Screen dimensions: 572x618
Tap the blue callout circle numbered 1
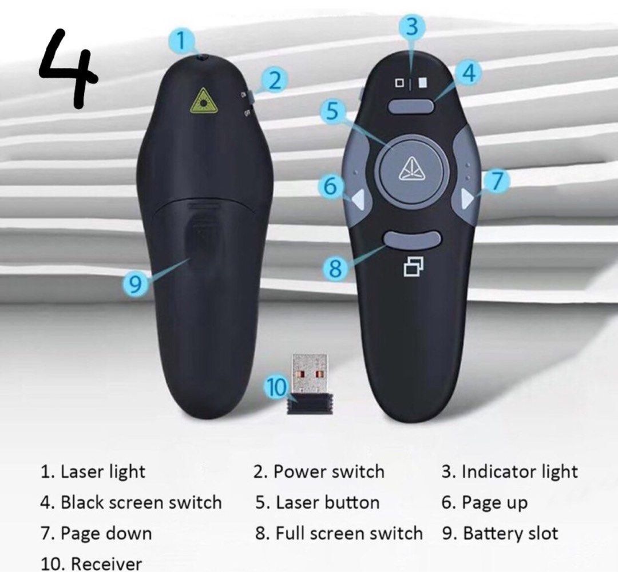(x=182, y=41)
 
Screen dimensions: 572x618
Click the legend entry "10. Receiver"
(x=91, y=563)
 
